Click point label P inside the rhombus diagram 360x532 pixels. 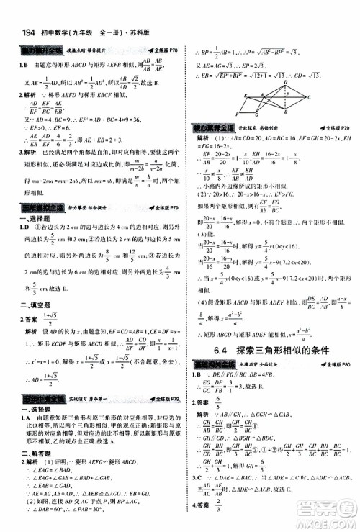pyautogui.click(x=287, y=94)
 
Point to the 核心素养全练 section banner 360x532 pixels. pyautogui.click(x=209, y=127)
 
